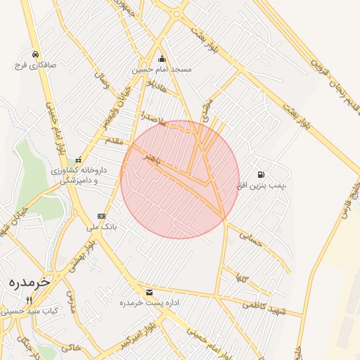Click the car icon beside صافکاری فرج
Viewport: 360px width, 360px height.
(34, 54)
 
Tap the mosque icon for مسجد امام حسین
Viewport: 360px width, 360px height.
(162, 59)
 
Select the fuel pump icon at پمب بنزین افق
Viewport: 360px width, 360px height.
(262, 174)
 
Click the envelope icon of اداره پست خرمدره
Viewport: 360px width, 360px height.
(148, 292)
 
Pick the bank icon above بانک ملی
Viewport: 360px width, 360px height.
(102, 216)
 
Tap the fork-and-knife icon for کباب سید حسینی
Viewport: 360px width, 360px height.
(29, 300)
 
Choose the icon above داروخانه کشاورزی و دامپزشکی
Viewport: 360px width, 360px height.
(78, 159)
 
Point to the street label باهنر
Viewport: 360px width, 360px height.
(149, 160)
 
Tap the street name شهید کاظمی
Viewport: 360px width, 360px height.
(261, 303)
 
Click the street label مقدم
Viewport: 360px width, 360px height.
(112, 141)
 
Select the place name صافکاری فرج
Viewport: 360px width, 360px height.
(34, 65)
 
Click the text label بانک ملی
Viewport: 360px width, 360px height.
(101, 227)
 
